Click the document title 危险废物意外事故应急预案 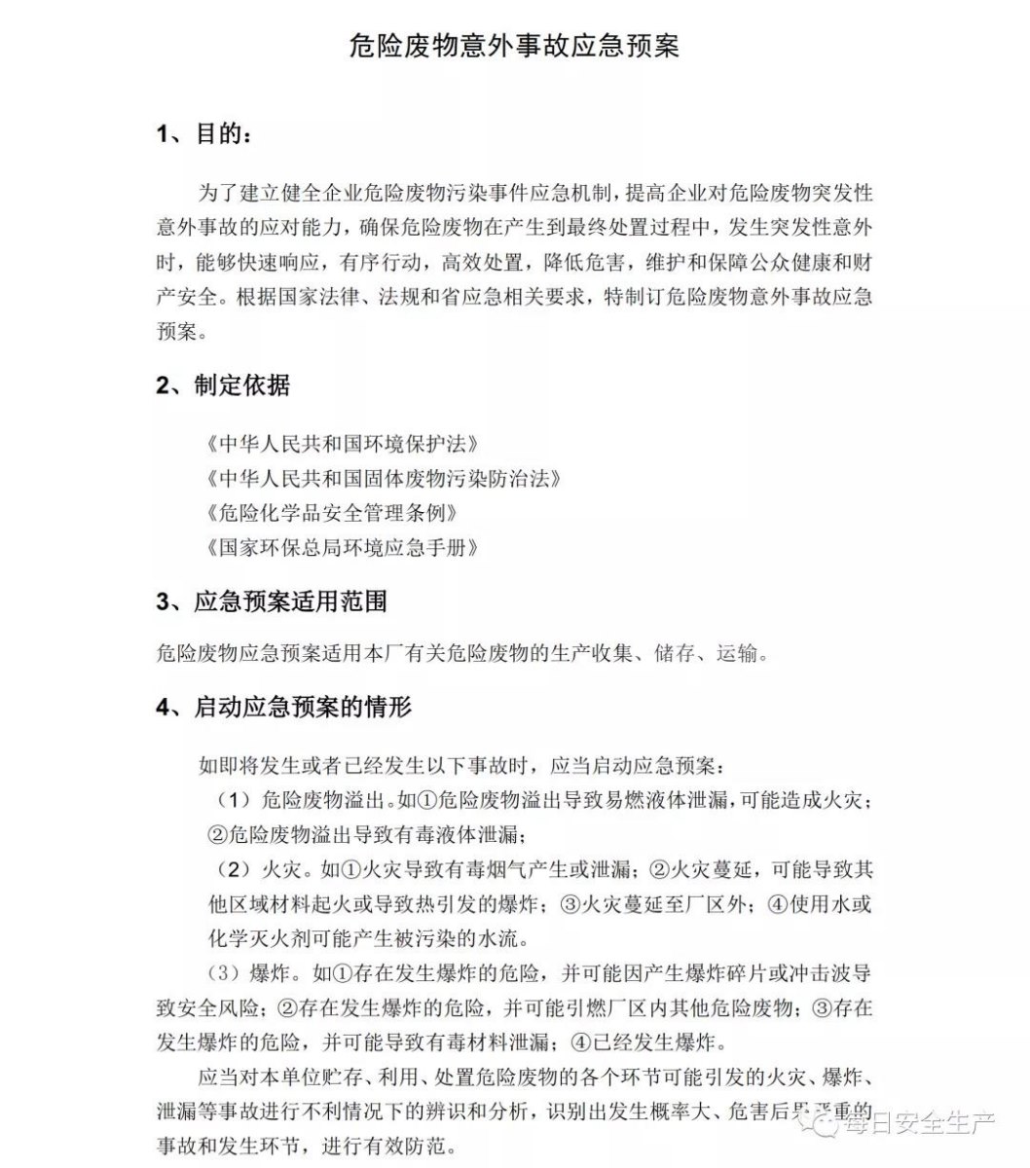[x=514, y=47]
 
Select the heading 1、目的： [x=208, y=134]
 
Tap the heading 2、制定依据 [x=223, y=385]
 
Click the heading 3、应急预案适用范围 [x=272, y=602]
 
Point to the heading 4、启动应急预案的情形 [x=283, y=707]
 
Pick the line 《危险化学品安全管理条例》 [x=331, y=512]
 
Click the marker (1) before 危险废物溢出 [x=233, y=800]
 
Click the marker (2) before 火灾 [x=233, y=868]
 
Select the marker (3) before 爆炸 [x=223, y=973]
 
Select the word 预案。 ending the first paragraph [x=181, y=332]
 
